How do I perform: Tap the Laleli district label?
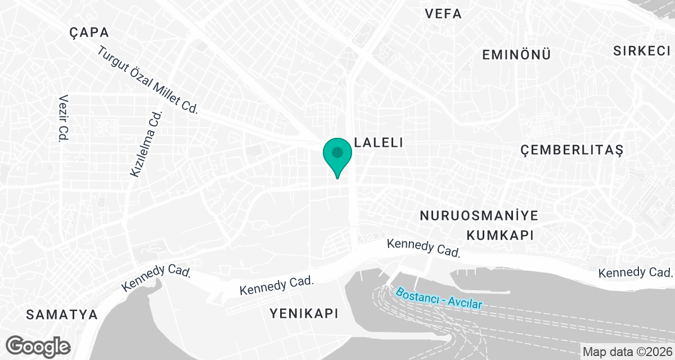(378, 143)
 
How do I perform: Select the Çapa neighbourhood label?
(89, 32)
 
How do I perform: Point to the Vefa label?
(444, 13)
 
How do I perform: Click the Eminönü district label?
(516, 55)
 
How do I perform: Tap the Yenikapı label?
(304, 313)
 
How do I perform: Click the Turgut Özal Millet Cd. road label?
(148, 80)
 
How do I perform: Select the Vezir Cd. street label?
(63, 118)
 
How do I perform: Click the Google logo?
(39, 346)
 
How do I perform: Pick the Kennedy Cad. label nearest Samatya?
(157, 277)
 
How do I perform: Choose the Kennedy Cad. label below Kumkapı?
(424, 248)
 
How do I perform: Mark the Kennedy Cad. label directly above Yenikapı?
(276, 286)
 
